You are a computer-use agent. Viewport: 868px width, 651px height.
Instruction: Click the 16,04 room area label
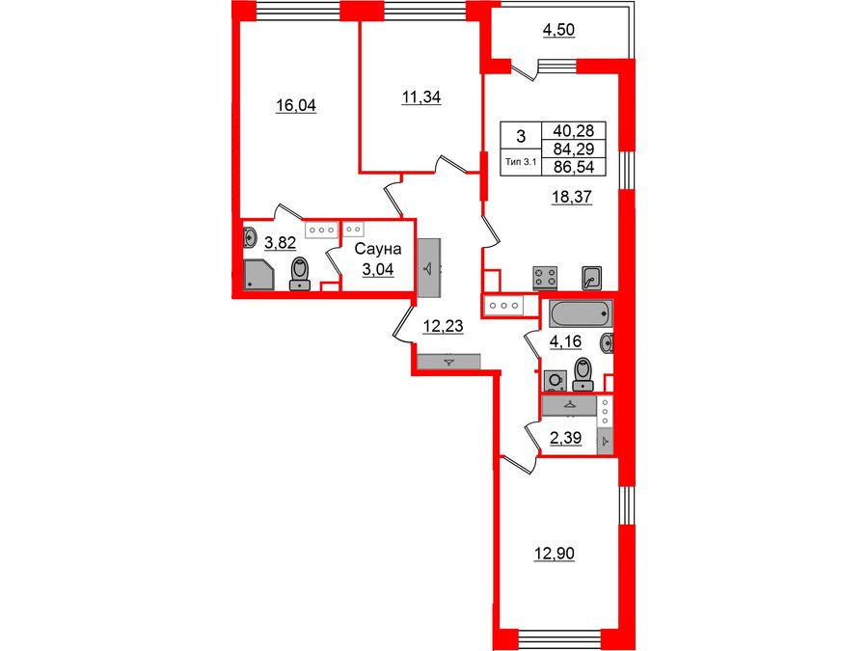pos(296,106)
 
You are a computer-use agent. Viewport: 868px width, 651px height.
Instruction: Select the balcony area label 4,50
pos(558,30)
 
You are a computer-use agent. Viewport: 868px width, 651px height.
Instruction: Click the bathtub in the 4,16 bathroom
pos(579,312)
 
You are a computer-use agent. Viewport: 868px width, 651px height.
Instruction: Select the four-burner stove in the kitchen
pos(546,278)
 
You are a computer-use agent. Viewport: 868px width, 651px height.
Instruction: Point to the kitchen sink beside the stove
pos(592,277)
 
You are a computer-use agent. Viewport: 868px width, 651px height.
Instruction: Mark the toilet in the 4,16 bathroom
pos(582,372)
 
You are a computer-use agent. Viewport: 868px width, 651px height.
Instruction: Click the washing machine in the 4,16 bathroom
pos(556,380)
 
